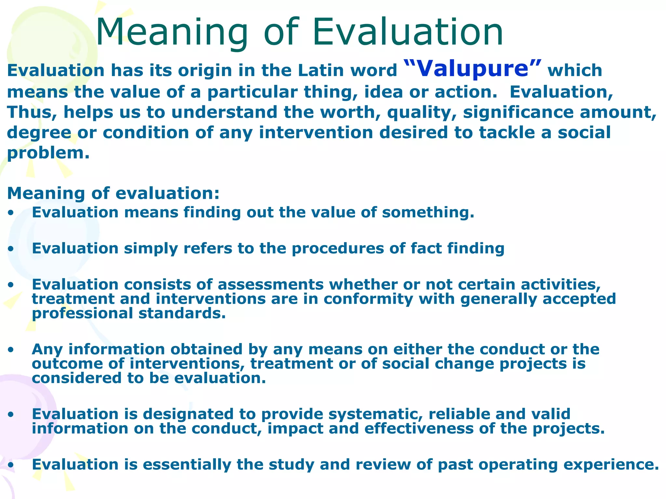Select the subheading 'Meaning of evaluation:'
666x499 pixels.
click(x=113, y=193)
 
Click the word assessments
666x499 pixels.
click(x=270, y=285)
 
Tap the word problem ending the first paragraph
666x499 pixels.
click(x=47, y=153)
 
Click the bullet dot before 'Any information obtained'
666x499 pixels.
click(x=11, y=350)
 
